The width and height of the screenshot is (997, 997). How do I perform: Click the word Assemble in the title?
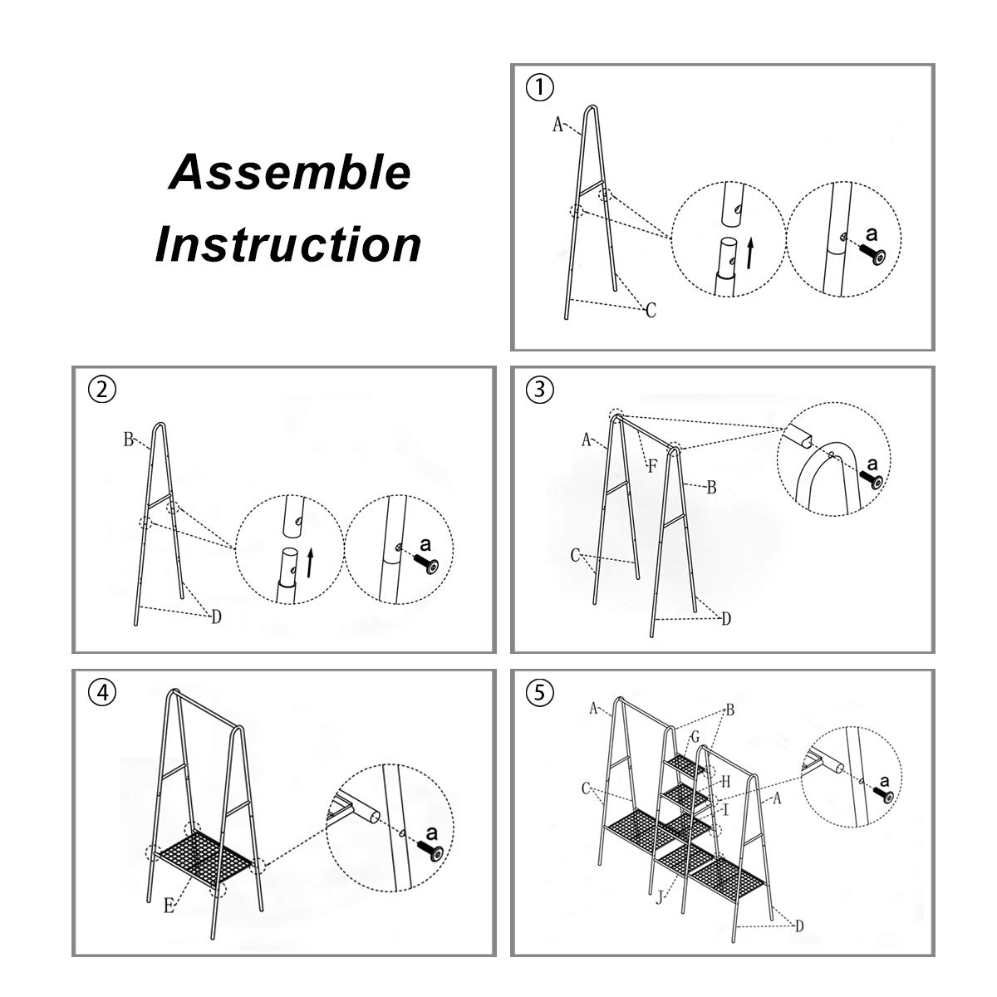(x=290, y=173)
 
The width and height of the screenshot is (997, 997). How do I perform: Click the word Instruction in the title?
(x=288, y=244)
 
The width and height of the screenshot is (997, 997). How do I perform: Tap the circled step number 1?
(x=540, y=86)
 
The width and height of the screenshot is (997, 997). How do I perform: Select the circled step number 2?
(x=101, y=390)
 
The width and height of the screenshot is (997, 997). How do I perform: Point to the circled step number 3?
(x=540, y=389)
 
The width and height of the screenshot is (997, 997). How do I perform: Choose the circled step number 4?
(x=101, y=693)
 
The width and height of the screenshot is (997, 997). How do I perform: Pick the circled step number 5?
(x=540, y=693)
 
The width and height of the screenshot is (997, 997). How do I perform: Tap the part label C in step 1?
(x=651, y=311)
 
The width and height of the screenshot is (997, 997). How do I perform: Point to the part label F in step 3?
(x=652, y=466)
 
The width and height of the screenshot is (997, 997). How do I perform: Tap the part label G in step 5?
(x=695, y=737)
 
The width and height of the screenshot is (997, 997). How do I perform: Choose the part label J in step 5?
(x=659, y=896)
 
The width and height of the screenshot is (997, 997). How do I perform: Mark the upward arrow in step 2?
(x=310, y=563)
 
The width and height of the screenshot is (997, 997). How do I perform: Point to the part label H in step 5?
(x=724, y=781)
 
